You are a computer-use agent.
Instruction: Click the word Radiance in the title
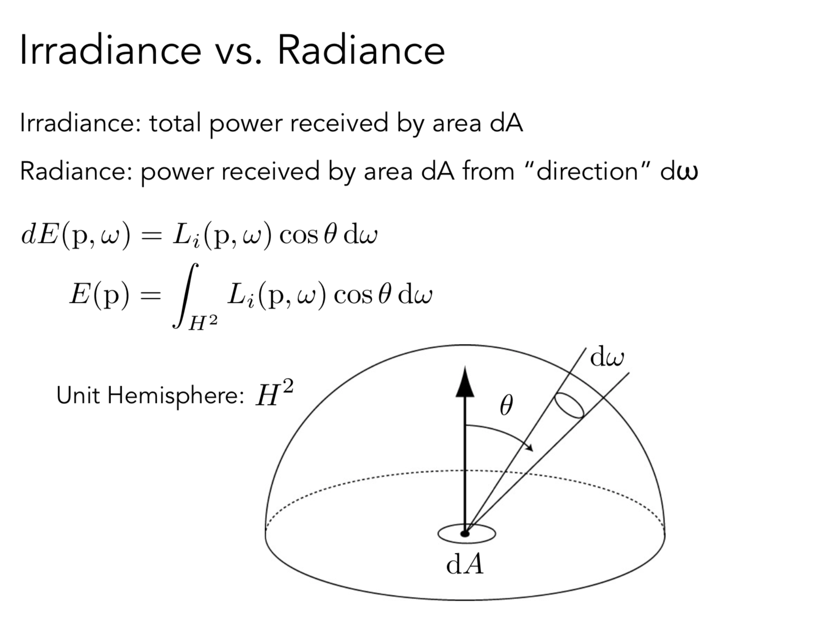[x=361, y=50]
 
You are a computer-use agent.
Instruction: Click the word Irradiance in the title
[x=110, y=50]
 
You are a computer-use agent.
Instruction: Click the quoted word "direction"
[x=587, y=171]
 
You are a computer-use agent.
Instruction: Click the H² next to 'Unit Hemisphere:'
[x=274, y=394]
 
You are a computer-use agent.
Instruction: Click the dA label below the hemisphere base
[x=465, y=564]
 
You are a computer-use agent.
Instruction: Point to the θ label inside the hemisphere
[x=506, y=406]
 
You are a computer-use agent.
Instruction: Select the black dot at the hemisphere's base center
[x=464, y=534]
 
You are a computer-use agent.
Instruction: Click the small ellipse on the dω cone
[x=569, y=405]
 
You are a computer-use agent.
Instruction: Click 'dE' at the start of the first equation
[x=40, y=235]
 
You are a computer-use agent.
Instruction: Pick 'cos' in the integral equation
[x=353, y=295]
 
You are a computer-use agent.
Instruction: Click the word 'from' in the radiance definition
[x=488, y=171]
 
